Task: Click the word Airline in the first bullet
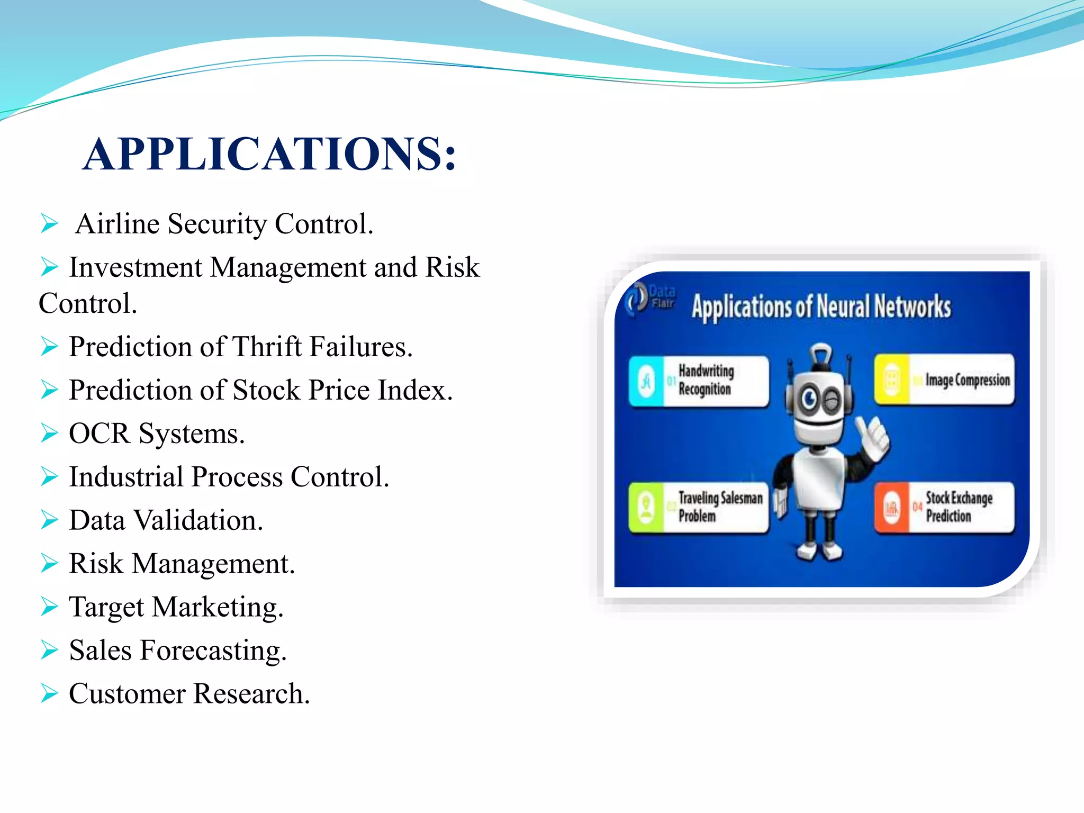pos(118,224)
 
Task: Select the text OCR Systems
pos(157,433)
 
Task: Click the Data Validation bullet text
pos(166,520)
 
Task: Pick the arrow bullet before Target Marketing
pos(49,607)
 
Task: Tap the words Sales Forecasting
pos(178,651)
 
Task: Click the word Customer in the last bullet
pos(127,694)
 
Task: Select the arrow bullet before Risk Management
pos(49,563)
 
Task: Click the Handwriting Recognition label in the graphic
pos(706,380)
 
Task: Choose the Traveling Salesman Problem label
pos(720,507)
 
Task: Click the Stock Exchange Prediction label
pos(958,507)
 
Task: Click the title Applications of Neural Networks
pos(821,307)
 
